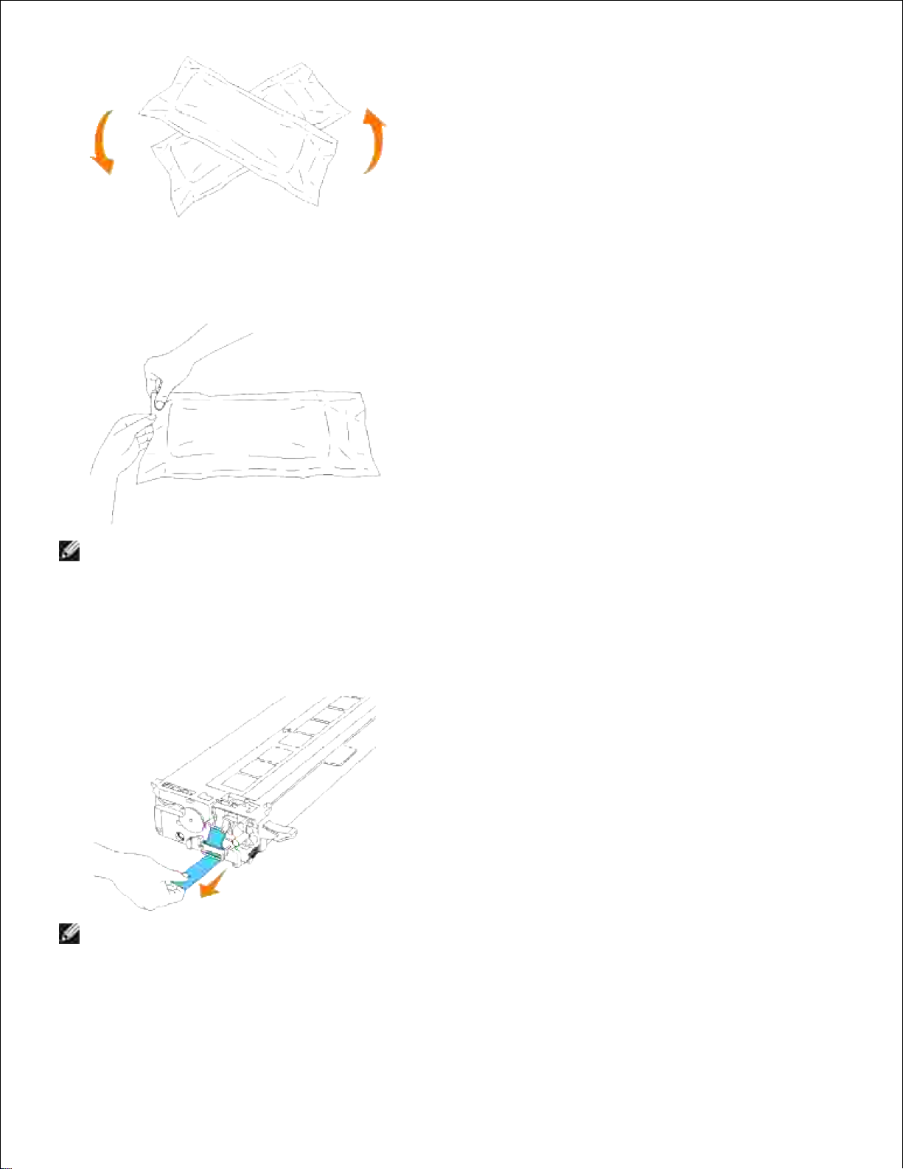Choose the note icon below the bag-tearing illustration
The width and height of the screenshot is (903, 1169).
[x=69, y=551]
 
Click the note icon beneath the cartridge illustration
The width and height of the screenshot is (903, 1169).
[x=69, y=934]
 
